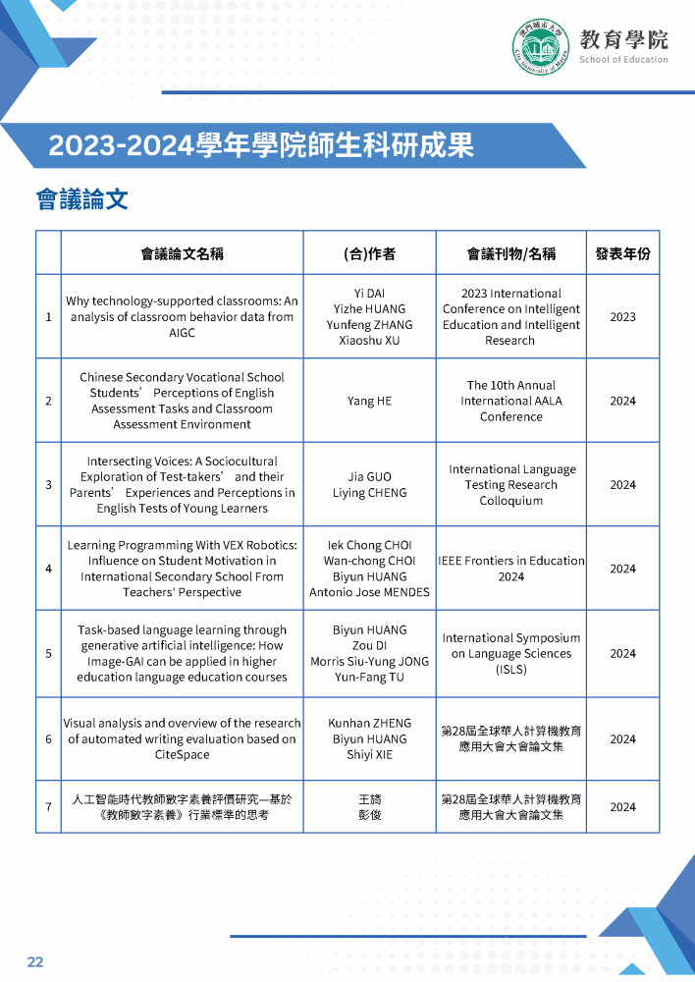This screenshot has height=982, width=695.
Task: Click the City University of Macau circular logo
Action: (540, 45)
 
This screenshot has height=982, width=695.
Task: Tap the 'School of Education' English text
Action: (623, 60)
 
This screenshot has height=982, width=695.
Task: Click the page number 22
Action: (35, 961)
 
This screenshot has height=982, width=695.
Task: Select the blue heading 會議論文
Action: (82, 200)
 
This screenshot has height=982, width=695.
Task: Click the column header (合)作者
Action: (369, 253)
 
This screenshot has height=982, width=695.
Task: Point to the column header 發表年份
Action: (622, 253)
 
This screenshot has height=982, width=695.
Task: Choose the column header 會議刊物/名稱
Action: (510, 253)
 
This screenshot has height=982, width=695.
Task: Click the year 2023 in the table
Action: (622, 317)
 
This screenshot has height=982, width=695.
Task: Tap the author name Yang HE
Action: (369, 401)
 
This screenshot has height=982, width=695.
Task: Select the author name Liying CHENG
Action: (369, 493)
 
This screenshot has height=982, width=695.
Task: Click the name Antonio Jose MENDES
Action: (369, 592)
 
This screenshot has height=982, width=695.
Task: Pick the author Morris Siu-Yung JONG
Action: (369, 661)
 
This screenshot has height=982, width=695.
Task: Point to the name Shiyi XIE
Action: (369, 754)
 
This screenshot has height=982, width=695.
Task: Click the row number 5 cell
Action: (48, 653)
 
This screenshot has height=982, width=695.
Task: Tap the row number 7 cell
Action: (48, 807)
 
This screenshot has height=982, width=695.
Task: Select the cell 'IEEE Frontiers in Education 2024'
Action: (510, 569)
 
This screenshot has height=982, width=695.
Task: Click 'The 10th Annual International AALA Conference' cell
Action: (510, 401)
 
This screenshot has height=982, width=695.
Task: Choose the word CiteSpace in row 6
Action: (182, 754)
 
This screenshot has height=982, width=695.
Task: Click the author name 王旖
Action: (369, 799)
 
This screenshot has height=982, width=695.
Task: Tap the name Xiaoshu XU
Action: (369, 341)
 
